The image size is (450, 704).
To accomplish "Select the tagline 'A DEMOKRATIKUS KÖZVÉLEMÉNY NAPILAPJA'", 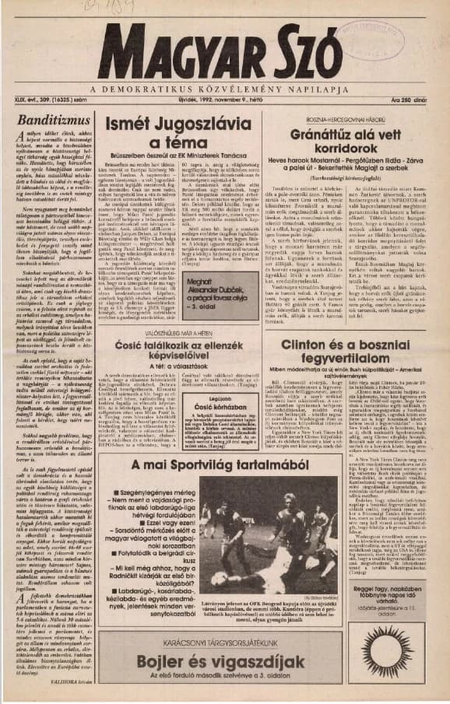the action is coord(225,87).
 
